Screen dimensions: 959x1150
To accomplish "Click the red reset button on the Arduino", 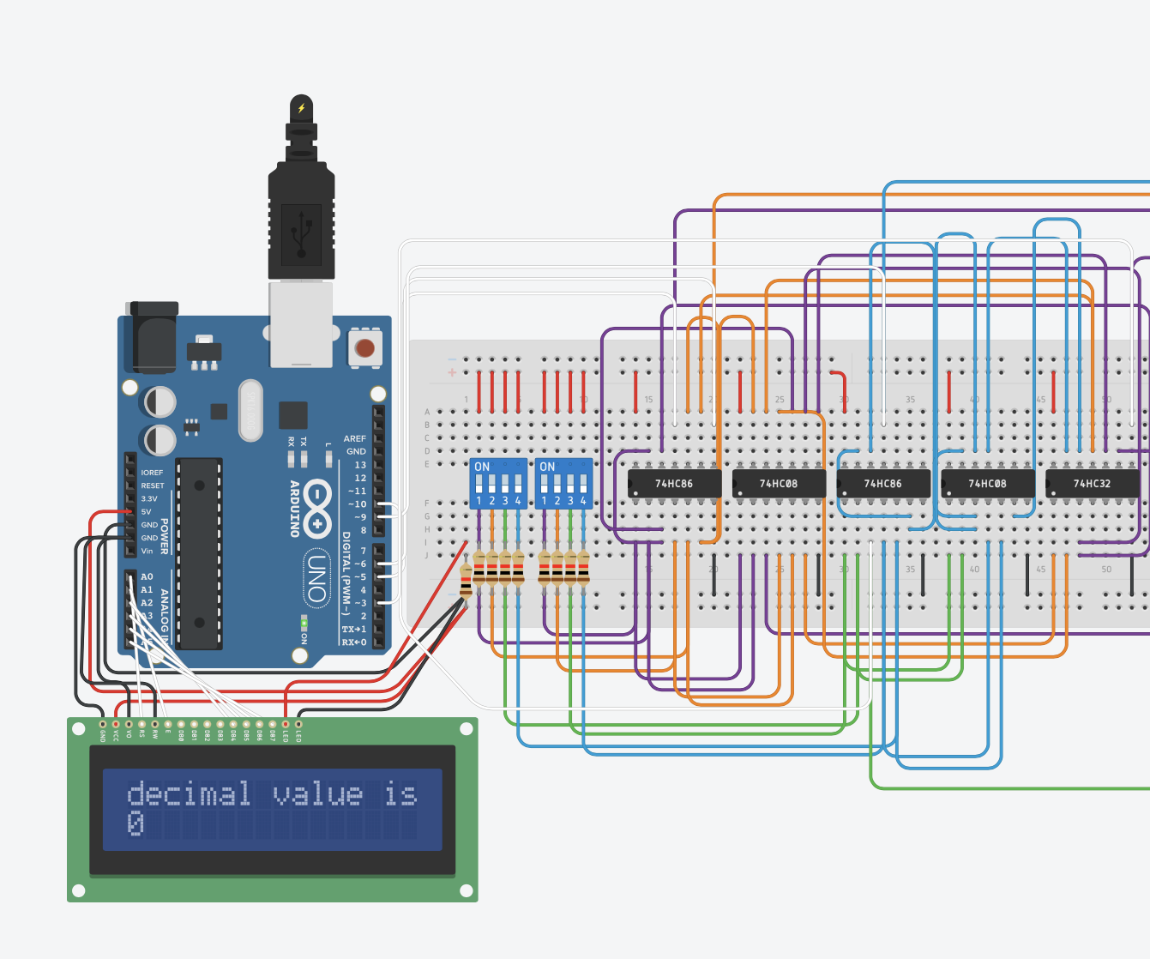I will tap(364, 348).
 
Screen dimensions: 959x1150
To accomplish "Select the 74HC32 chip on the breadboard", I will tap(1092, 484).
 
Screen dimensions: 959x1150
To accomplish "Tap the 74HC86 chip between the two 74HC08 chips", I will tap(882, 484).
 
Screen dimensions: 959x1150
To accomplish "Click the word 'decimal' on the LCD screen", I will tap(189, 793).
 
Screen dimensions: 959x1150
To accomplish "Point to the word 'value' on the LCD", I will tap(317, 793).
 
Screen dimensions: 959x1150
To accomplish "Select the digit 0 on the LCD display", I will tap(135, 823).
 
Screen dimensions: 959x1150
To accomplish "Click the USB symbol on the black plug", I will tap(301, 229).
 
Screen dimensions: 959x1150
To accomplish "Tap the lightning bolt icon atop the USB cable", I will tap(301, 108).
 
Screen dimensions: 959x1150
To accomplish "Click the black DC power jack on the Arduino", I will tap(154, 339).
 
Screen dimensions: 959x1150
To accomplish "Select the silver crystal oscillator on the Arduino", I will tap(250, 410).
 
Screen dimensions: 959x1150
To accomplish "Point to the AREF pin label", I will tap(354, 438).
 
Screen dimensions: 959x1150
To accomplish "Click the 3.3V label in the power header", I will tap(149, 498).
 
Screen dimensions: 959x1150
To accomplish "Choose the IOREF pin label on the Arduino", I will tap(152, 473).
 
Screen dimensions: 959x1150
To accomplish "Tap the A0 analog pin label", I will tap(147, 576).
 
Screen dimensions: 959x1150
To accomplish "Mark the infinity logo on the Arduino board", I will tap(317, 508).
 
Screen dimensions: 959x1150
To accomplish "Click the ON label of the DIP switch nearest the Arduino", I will tap(482, 467).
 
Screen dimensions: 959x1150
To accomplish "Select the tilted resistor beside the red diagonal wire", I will tap(466, 582).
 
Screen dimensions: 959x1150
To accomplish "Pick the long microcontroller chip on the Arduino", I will tap(199, 553).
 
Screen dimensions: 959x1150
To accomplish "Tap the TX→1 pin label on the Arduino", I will tap(353, 629).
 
